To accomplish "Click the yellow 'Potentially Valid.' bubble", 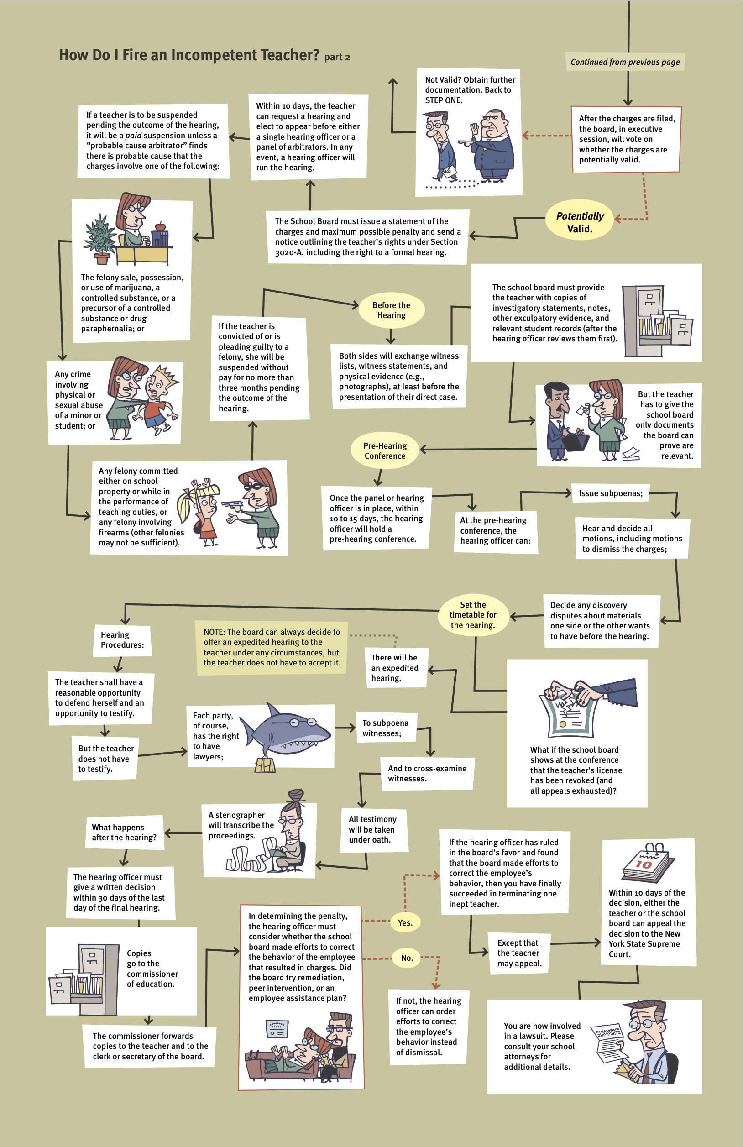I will (579, 222).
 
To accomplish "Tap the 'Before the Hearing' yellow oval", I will (391, 310).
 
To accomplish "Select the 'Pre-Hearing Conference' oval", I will (385, 450).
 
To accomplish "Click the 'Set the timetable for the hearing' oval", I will (473, 614).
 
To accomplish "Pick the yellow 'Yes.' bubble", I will (405, 922).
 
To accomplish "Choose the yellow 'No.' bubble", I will (407, 958).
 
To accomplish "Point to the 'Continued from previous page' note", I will (624, 62).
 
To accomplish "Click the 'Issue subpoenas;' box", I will (610, 493).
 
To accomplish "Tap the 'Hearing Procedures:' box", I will (122, 639).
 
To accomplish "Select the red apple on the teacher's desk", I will (161, 226).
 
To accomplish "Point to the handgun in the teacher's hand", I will (232, 504).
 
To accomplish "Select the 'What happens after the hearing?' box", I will (124, 833).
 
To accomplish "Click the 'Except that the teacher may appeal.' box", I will (519, 953).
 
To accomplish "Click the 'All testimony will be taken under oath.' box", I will (372, 829).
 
